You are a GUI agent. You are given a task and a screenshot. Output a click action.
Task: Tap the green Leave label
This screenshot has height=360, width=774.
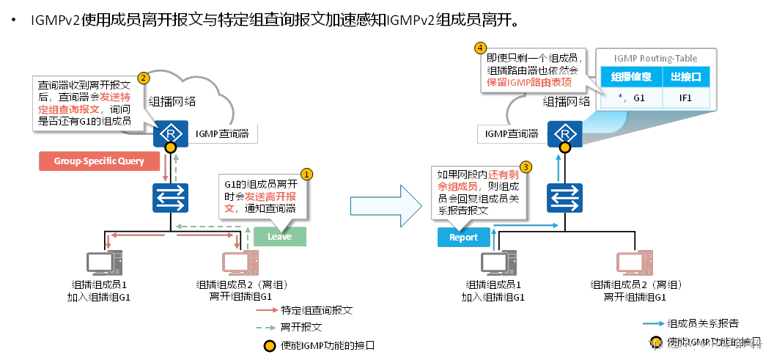(x=279, y=237)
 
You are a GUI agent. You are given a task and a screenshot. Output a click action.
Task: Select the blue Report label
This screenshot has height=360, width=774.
(x=463, y=238)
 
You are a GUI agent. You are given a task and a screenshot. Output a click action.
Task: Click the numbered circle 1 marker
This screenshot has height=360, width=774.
(x=307, y=174)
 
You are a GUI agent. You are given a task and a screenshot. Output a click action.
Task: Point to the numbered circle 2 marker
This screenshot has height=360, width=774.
(x=144, y=77)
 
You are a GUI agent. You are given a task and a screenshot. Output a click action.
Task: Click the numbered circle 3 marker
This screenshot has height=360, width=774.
(x=525, y=167)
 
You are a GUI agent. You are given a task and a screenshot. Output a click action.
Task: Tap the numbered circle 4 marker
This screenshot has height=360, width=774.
(x=480, y=48)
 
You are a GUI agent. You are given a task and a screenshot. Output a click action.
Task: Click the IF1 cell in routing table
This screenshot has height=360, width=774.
(x=687, y=98)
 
